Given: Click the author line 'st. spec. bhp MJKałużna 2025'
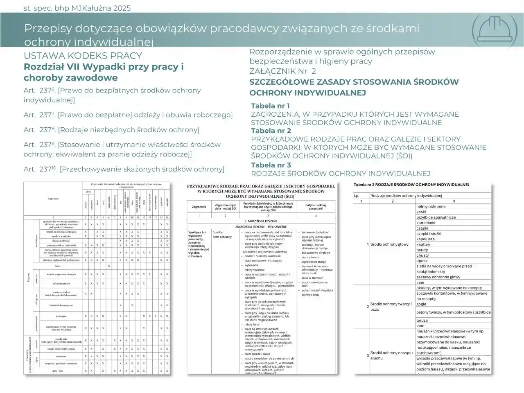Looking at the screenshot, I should (x=77, y=8).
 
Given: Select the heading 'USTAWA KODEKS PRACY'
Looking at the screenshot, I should (x=83, y=56).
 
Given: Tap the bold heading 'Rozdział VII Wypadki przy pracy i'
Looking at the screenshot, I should (x=104, y=67).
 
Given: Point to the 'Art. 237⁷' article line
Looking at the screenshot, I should (x=128, y=115).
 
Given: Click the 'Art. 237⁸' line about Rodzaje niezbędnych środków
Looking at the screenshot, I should (x=111, y=130).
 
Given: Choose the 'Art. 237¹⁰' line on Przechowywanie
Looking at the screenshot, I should (x=124, y=169).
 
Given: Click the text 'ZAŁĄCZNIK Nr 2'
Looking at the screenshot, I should (x=282, y=71).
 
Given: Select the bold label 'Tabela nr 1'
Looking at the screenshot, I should (x=270, y=106).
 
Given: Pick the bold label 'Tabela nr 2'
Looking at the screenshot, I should (x=271, y=131).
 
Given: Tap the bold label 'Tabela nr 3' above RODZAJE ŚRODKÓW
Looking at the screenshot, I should (x=271, y=165).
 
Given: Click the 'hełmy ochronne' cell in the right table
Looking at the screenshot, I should (x=431, y=207).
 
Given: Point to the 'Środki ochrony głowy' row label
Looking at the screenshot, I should (x=389, y=244).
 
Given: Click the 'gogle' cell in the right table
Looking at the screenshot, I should (x=421, y=304).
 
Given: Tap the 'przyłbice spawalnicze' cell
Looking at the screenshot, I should (x=436, y=217).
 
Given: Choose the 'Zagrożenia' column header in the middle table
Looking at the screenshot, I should (x=199, y=207).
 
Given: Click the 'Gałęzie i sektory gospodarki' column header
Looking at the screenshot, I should (x=316, y=207).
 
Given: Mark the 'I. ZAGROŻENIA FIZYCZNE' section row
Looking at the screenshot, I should (x=261, y=221).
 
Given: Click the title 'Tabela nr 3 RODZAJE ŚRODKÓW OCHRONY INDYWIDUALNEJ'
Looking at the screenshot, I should (x=411, y=185).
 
